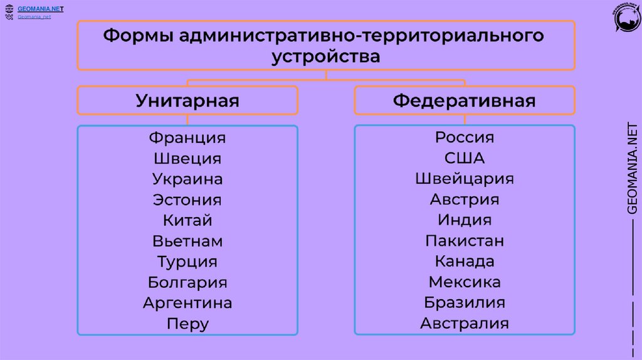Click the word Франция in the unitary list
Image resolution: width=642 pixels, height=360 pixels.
[187, 137]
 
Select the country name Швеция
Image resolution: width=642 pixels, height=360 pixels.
[187, 159]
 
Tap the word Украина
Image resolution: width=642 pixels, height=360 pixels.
[187, 179]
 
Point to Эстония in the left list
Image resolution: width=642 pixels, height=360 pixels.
[187, 200]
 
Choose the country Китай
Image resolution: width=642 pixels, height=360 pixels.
[187, 221]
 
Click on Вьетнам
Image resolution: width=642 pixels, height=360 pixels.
[187, 241]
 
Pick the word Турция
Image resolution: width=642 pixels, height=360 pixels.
[187, 262]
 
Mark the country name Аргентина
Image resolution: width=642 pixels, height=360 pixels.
[187, 304]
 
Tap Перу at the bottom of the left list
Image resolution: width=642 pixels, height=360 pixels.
[187, 324]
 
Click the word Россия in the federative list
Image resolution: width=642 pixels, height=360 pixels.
[465, 137]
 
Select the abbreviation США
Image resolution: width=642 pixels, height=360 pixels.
[465, 159]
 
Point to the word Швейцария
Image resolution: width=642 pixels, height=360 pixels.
[465, 179]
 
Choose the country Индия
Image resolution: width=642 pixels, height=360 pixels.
[465, 221]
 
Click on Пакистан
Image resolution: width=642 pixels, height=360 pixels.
[465, 241]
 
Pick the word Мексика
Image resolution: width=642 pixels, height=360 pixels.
[465, 283]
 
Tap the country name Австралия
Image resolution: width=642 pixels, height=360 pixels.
[465, 324]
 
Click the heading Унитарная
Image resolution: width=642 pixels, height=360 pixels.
[187, 101]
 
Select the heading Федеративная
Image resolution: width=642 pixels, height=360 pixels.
[465, 101]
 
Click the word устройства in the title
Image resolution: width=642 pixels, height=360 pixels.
[326, 58]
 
